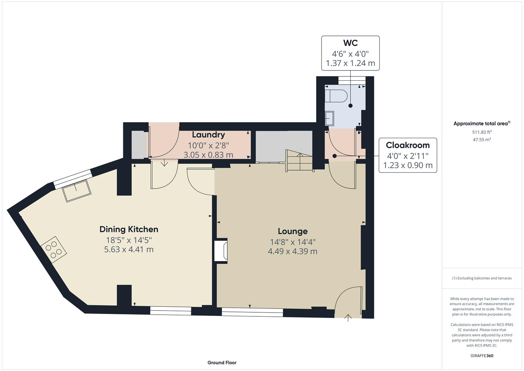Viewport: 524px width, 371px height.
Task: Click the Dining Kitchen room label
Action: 129,229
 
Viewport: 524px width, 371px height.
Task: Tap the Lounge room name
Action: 292,231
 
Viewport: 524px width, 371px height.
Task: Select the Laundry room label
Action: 208,135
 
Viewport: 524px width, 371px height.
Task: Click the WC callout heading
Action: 350,43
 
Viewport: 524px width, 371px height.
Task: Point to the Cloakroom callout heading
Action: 408,145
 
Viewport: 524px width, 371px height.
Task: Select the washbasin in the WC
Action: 329,119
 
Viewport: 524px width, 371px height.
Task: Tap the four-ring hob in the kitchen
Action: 54,250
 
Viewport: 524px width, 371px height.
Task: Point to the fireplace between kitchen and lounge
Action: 221,251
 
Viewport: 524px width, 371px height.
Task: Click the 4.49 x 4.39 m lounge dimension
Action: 292,251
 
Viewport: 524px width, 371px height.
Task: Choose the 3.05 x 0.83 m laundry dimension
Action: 208,155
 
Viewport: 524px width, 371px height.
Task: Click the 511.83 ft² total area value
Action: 482,132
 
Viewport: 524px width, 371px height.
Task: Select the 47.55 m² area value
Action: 482,139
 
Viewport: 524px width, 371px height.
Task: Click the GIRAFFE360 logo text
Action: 482,356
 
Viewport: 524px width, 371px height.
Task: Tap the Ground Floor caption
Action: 222,362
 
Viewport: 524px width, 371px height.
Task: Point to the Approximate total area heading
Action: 481,124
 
